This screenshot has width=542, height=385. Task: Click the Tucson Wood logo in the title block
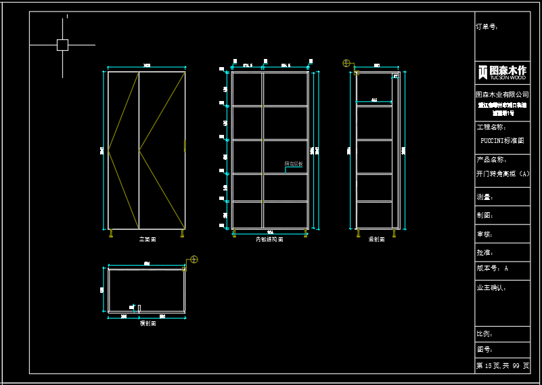point(502,71)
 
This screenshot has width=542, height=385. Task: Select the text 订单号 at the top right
point(487,27)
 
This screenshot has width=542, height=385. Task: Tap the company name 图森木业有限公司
point(502,95)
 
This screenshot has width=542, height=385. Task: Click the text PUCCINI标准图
point(501,141)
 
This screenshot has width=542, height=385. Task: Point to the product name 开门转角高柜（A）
point(502,174)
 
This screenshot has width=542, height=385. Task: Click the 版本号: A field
point(493,268)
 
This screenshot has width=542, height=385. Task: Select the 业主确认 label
point(492,288)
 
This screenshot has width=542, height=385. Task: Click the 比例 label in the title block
point(485,334)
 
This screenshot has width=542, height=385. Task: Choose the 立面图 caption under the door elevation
point(148,240)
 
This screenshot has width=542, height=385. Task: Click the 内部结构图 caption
point(269,240)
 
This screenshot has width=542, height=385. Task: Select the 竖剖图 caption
point(377,240)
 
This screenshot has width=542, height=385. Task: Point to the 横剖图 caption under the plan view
point(148,324)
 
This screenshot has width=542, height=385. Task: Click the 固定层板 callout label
point(294,164)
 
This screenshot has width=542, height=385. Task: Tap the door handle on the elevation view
point(185,145)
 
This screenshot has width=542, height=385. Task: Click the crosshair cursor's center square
point(62,45)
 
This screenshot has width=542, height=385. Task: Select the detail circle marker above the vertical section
point(346,64)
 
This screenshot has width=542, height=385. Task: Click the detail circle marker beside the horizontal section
point(194,260)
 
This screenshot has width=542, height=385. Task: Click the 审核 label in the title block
point(484,234)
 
